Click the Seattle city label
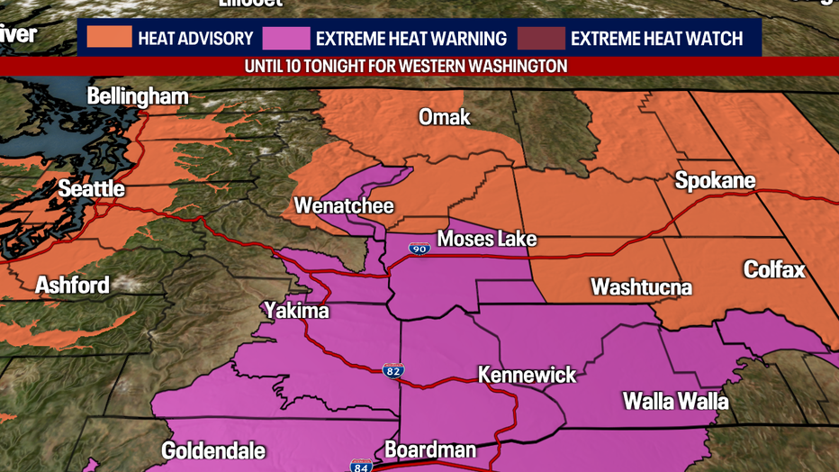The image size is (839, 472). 91,189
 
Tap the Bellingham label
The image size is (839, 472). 138,97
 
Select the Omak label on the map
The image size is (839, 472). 444,118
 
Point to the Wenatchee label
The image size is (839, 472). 344,206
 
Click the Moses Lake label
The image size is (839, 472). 486,239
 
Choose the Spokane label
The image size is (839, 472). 715,181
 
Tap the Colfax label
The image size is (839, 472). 774,269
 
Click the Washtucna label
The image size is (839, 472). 641,287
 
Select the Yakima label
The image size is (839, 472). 296,312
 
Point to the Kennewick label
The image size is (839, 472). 527,375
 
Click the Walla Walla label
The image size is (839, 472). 675,401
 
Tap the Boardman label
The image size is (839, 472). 429,449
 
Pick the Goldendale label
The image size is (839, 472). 213,450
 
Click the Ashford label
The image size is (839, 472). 72,286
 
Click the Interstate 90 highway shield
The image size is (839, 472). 419,249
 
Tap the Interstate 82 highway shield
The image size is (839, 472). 393,370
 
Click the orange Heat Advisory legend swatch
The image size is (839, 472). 109,39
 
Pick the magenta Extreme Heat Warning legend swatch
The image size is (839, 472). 286,39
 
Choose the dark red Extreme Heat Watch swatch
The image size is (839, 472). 542,39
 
